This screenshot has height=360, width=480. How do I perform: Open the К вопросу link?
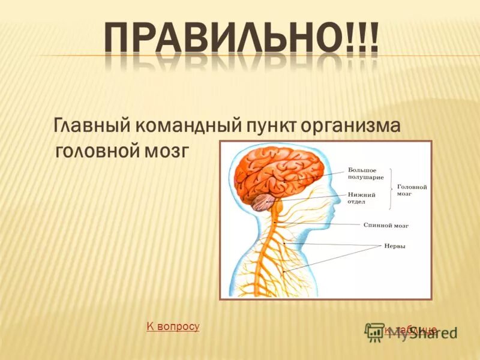(173, 326)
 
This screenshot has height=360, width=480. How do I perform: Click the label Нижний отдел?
(361, 199)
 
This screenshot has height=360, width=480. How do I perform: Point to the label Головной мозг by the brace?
(412, 191)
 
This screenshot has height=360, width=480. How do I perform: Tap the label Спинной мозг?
(386, 226)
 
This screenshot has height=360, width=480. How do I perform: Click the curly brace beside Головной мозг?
(392, 188)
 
